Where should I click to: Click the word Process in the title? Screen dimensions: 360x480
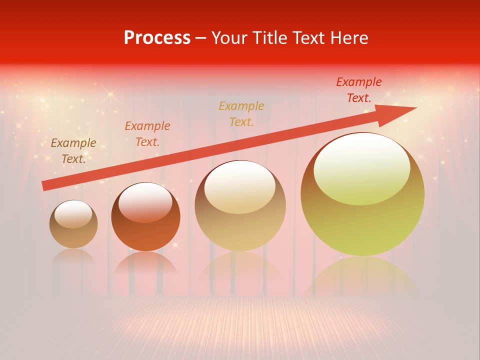pos(157,38)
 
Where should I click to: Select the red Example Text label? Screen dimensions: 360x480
pos(358,90)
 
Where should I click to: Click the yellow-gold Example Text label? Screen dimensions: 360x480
pos(241,114)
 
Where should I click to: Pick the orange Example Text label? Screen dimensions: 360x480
pos(147,134)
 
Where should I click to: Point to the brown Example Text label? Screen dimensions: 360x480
pos(73,151)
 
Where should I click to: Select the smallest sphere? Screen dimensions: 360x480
pos(73,235)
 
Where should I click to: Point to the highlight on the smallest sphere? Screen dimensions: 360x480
pos(73,213)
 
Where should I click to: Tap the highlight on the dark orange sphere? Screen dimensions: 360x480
pos(145,201)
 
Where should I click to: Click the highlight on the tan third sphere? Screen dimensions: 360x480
pos(239,186)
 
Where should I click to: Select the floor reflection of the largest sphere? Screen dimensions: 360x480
pos(362,277)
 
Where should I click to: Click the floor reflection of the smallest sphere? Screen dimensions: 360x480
pos(73,256)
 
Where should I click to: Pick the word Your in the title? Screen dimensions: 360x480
pos(229,38)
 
